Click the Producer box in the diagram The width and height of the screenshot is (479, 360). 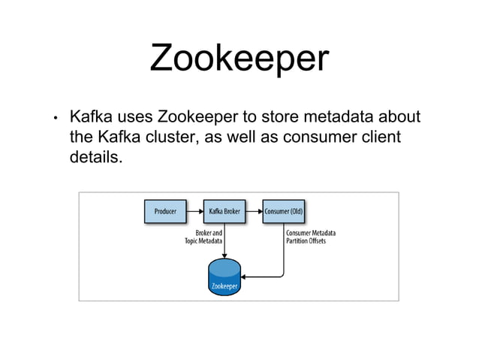tap(165, 211)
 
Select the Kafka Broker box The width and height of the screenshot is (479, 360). tap(224, 211)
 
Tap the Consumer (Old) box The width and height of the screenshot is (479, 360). tap(283, 211)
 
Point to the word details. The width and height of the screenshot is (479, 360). tap(94, 159)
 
